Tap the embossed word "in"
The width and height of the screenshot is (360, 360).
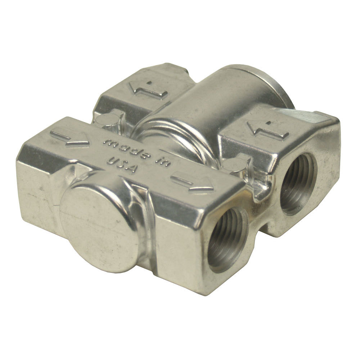[x=162, y=161]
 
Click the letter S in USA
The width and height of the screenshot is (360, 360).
[x=121, y=164]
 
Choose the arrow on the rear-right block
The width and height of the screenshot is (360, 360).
[x=268, y=130]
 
